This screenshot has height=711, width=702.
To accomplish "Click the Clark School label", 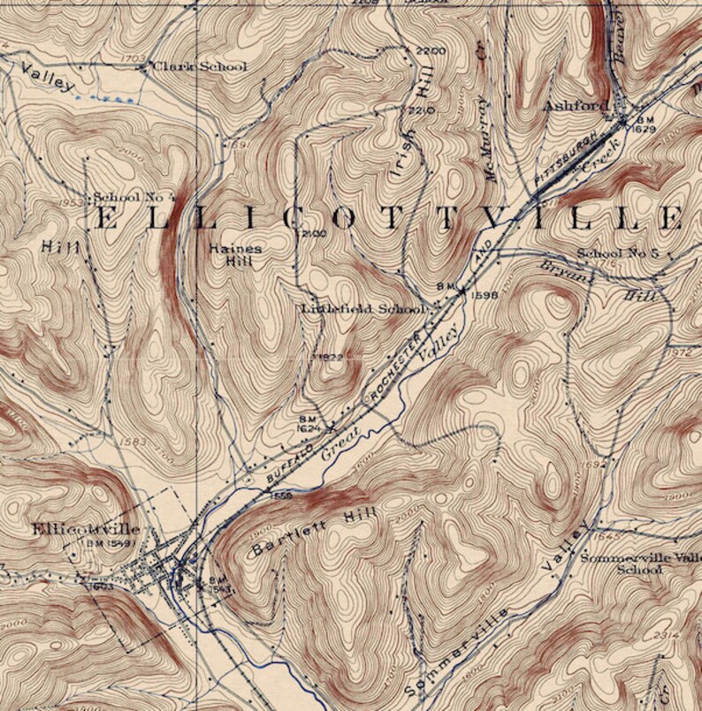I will [x=200, y=66].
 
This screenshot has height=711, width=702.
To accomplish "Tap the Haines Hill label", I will [x=235, y=254].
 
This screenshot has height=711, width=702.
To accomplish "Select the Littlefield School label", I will [x=362, y=309].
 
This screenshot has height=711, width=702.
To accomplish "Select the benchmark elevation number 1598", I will [x=485, y=296].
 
